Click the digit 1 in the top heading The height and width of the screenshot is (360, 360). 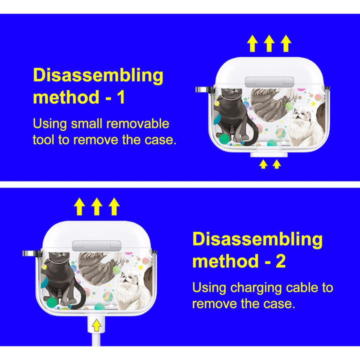tap(121, 97)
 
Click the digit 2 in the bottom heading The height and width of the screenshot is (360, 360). tap(280, 261)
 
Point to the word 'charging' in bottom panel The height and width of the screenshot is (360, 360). tap(256, 288)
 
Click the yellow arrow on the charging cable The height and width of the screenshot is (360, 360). tap(96, 325)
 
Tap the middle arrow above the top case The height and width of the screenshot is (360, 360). tap(269, 43)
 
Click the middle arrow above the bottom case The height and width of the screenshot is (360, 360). tap(96, 206)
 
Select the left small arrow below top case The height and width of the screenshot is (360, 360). tap(263, 164)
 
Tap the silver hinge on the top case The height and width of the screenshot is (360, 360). tap(269, 82)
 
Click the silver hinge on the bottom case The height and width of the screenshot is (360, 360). tap(96, 246)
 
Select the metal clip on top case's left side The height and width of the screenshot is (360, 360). tap(204, 90)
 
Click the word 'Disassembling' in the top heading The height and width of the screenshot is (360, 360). tap(98, 76)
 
